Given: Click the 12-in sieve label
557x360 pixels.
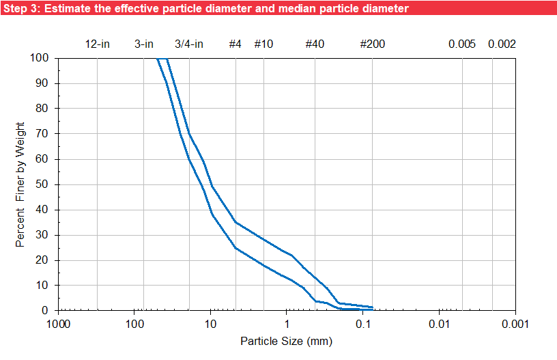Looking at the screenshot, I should pyautogui.click(x=98, y=44).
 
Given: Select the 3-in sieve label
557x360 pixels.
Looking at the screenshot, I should pyautogui.click(x=143, y=44).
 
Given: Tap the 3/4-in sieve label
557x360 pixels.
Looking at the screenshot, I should pyautogui.click(x=189, y=44).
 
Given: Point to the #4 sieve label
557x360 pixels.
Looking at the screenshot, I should pyautogui.click(x=235, y=44).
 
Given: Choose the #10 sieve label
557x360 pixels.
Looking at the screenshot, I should pyautogui.click(x=264, y=44).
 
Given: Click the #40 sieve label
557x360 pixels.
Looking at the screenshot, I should pyautogui.click(x=315, y=44).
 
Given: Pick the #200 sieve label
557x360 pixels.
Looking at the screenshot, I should pyautogui.click(x=373, y=44).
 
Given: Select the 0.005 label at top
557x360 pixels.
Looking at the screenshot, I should pyautogui.click(x=462, y=44).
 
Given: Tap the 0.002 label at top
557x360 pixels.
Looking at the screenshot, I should pyautogui.click(x=502, y=44).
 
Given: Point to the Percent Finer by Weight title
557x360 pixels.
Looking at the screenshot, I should pyautogui.click(x=21, y=184).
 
